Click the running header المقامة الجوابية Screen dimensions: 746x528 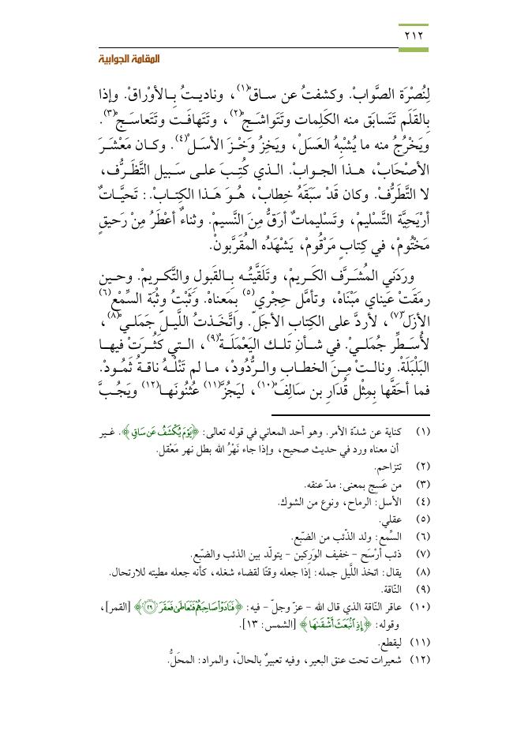point(394,61)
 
